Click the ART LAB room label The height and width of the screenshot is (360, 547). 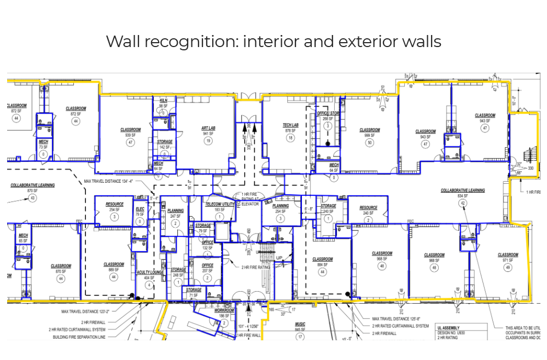click(208, 128)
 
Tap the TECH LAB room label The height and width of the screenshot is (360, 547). click(290, 125)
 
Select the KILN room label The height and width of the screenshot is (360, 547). click(164, 101)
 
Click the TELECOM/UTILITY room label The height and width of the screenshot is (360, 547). click(220, 204)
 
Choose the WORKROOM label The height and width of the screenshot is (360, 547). click(224, 310)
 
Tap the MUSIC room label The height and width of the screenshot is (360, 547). click(300, 324)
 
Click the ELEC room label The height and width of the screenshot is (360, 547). click(140, 209)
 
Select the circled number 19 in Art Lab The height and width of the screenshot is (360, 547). click(208, 141)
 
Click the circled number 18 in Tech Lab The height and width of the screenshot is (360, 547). click(290, 138)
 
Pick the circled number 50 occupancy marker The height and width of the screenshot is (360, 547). click(370, 142)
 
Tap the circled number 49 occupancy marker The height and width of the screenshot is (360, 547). click(508, 268)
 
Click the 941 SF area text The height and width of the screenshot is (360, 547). click(208, 133)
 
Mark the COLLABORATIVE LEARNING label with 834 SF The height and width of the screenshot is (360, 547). click(463, 190)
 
